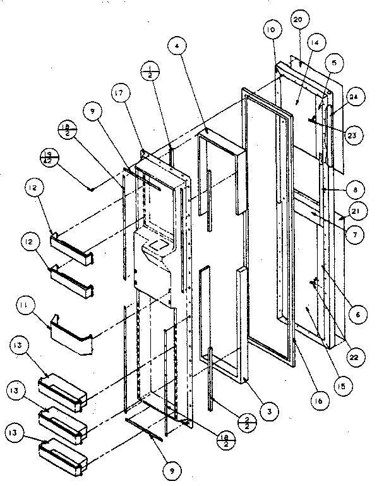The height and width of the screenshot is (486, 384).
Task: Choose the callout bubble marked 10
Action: [x=270, y=30]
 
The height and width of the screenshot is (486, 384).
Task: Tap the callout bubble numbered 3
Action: [x=269, y=411]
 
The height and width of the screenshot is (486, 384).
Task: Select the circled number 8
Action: [x=357, y=188]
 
